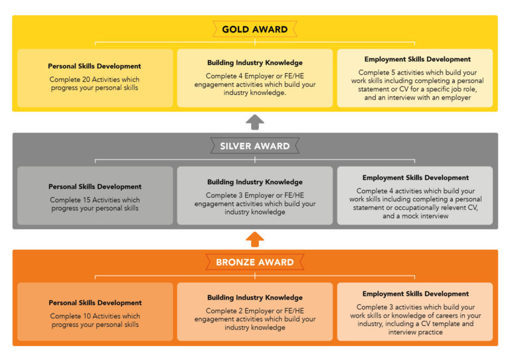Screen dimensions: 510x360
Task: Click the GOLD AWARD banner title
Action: point(255,29)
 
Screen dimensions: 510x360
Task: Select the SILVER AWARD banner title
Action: point(255,146)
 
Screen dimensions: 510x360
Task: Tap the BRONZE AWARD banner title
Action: point(255,262)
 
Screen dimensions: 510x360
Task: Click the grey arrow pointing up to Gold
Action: point(255,122)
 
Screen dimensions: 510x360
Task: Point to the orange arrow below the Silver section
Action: point(255,239)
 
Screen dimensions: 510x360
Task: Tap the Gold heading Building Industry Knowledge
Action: point(255,62)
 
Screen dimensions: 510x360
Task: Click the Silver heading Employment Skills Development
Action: point(415,178)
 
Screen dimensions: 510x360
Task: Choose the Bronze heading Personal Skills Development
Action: point(95,303)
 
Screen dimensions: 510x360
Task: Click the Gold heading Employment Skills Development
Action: point(417,59)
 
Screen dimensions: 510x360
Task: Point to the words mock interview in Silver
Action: point(425,216)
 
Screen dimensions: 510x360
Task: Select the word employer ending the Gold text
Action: point(456,98)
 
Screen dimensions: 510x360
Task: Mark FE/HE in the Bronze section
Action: point(294,311)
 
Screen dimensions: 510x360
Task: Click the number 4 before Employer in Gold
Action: point(240,76)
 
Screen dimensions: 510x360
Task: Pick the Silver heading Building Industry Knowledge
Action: point(255,182)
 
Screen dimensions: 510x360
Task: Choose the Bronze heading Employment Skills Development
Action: point(415,294)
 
